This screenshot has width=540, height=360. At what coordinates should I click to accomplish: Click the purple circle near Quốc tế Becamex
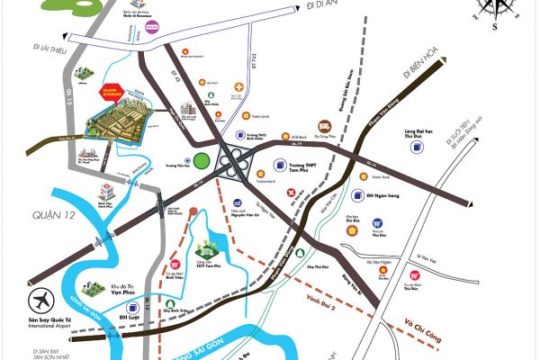[x=153, y=27]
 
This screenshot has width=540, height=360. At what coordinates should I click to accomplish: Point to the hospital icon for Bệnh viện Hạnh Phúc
[x=107, y=193]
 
